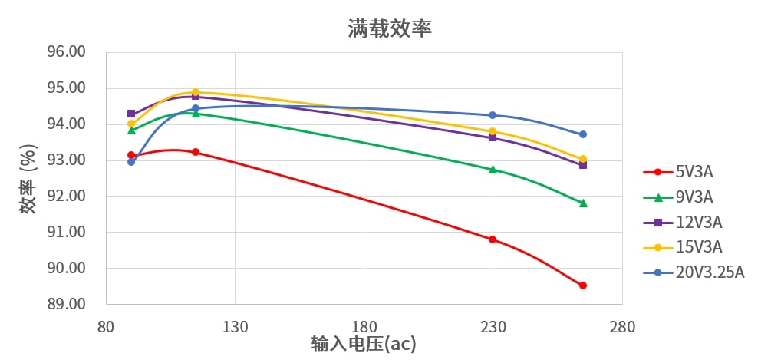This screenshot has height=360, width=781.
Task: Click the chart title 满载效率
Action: click(390, 29)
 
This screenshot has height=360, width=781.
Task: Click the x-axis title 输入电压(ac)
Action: click(364, 344)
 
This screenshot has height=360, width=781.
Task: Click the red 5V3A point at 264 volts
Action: click(583, 286)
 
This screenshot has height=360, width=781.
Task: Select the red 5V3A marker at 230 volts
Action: click(493, 239)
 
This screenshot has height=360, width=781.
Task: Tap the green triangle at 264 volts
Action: click(583, 203)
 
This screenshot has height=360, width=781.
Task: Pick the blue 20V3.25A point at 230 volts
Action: click(493, 115)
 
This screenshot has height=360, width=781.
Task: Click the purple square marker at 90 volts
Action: click(131, 114)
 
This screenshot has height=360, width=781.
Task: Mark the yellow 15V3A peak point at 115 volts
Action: click(196, 92)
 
